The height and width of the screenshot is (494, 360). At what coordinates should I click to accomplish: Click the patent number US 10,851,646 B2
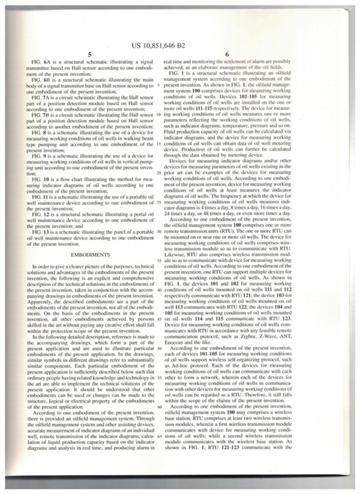click(x=180, y=45)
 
